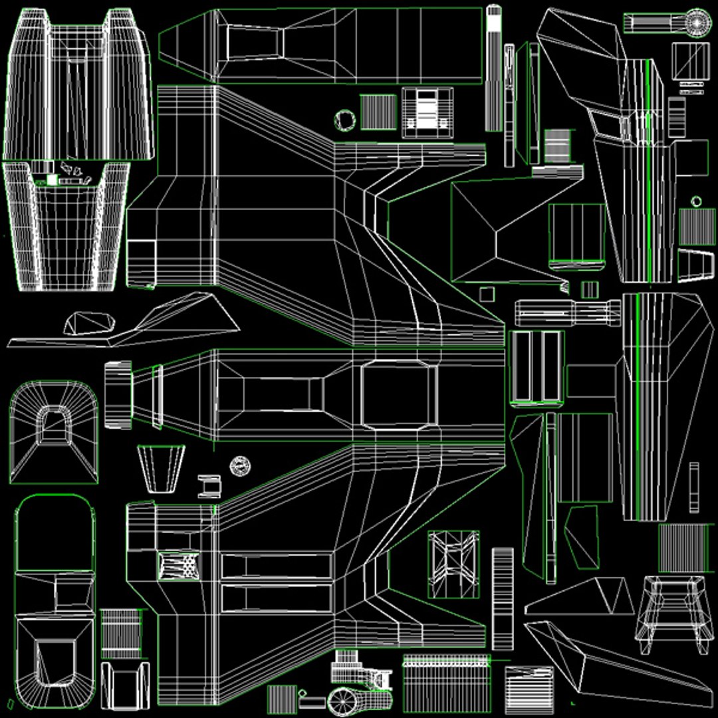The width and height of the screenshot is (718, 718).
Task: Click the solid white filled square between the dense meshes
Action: point(52,179)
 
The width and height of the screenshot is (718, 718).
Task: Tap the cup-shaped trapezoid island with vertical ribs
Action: point(160,467)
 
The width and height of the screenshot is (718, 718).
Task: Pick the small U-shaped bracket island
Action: point(208,486)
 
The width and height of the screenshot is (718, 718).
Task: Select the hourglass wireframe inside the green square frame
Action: point(453,564)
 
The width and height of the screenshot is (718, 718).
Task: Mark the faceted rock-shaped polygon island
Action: point(88,324)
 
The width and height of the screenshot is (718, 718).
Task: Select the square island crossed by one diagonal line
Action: point(691,61)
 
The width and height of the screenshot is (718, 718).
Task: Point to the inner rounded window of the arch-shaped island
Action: point(53,425)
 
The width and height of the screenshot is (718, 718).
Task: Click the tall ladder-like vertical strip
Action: point(503,598)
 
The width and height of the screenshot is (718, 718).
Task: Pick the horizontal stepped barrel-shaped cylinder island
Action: point(567,313)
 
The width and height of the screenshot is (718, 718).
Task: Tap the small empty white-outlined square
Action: point(487,293)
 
